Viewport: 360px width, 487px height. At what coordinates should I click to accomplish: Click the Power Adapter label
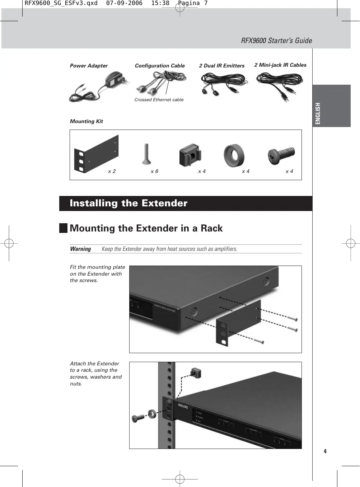point(89,66)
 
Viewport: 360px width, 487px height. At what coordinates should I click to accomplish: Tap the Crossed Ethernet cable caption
point(159,100)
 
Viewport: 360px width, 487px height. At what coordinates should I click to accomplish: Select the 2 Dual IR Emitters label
point(221,66)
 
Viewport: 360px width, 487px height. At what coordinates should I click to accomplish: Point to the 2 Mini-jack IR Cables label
point(280,65)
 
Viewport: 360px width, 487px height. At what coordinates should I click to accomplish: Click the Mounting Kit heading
point(86,121)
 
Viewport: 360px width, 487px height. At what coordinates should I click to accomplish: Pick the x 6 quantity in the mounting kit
point(154,171)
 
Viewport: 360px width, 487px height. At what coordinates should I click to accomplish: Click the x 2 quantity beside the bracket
point(112,171)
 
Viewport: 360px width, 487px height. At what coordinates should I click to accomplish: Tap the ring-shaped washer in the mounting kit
point(234,156)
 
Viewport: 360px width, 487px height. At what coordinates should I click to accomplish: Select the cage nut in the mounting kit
point(190,155)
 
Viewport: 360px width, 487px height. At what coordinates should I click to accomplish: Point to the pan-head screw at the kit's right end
point(282,155)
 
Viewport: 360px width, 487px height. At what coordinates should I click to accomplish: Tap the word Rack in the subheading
point(211,228)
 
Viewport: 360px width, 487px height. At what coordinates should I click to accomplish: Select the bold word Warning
point(80,249)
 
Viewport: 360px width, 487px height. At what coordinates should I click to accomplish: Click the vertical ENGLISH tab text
point(318,113)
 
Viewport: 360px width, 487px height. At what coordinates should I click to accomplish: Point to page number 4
point(325,451)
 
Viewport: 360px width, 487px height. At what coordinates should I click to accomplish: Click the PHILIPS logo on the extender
point(183,406)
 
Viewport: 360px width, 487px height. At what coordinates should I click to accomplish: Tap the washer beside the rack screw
point(151,413)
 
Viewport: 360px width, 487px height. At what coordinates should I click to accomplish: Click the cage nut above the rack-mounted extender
point(196,373)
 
